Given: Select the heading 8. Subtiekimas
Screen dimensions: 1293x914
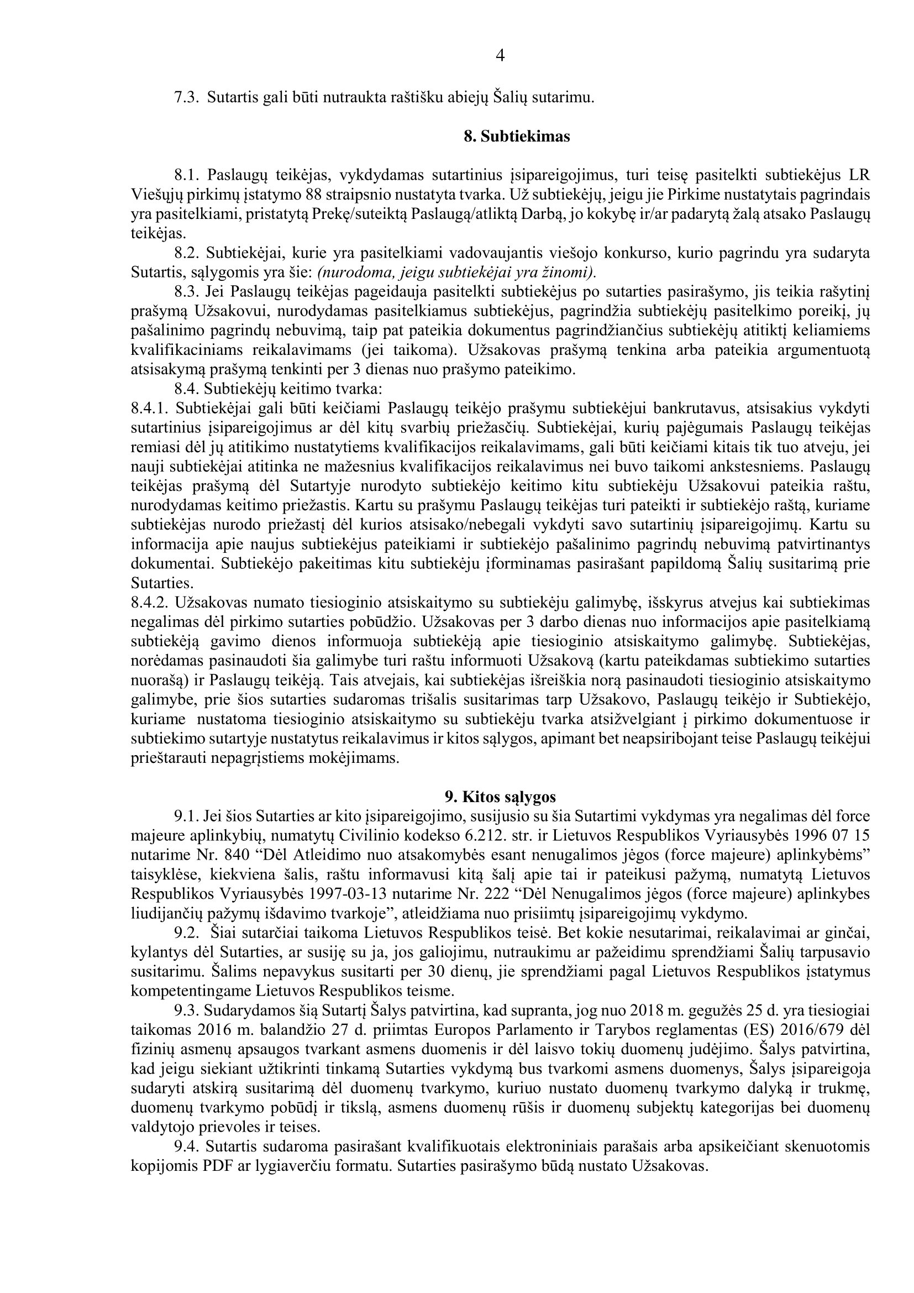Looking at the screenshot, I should click(517, 137).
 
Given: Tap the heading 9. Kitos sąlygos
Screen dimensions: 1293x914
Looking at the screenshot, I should click(500, 797).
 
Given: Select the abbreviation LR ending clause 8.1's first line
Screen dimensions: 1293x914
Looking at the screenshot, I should click(860, 176).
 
